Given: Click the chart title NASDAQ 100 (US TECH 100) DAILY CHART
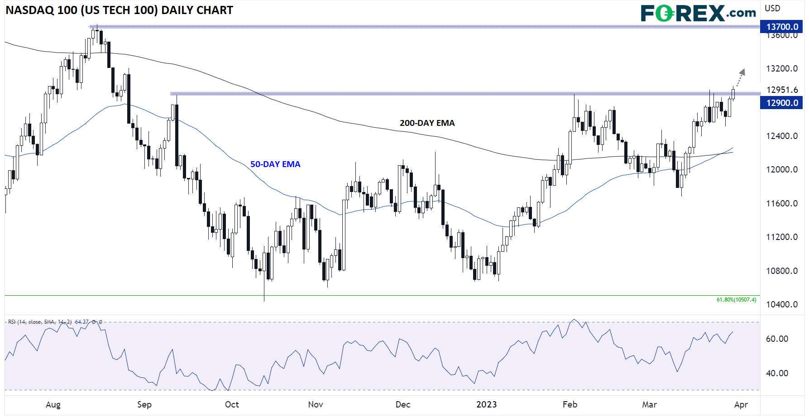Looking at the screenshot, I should click(x=119, y=10).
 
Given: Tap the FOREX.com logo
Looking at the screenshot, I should click(x=698, y=13).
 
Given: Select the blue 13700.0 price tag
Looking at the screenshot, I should click(x=782, y=27).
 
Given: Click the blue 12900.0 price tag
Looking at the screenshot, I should click(x=782, y=103).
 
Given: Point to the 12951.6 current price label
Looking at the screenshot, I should click(x=782, y=90).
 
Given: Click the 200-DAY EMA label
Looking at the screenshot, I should click(x=427, y=123).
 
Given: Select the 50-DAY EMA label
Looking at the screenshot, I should click(x=275, y=164).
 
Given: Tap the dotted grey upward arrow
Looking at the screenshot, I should click(x=739, y=77).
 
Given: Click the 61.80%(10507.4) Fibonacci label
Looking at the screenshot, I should click(x=736, y=300).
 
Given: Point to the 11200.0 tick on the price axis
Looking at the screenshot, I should click(x=782, y=237).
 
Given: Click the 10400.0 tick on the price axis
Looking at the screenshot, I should click(x=782, y=304).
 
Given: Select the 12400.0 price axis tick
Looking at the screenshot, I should click(x=782, y=136).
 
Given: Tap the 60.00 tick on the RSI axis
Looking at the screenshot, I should click(x=777, y=339).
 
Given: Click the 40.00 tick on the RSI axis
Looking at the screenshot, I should click(x=777, y=373).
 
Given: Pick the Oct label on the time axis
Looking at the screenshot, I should click(x=232, y=404).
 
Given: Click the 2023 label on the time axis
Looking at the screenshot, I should click(x=486, y=404).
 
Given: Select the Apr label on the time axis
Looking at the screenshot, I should click(x=741, y=404).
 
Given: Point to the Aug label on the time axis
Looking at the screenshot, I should click(x=53, y=404).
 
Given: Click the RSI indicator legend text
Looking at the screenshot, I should click(x=55, y=322).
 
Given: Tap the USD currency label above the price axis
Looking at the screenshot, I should click(x=772, y=8).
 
